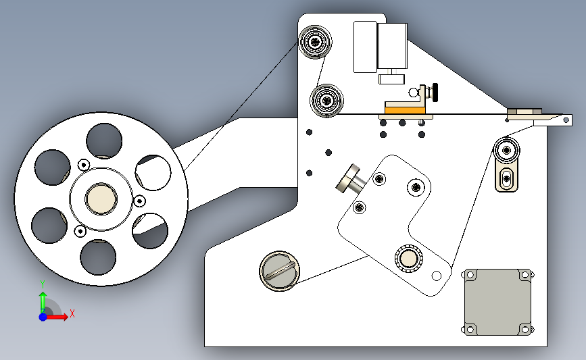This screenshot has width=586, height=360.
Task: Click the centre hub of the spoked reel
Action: pos(101,199)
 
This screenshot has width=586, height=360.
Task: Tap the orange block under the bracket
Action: pos(405,111)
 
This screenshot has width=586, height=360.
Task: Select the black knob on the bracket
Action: pos(435,93)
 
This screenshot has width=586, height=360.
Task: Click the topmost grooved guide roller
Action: pos(315,41)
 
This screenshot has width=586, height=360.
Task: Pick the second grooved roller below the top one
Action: pos(326,101)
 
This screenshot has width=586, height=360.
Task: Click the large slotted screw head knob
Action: pos(279,271)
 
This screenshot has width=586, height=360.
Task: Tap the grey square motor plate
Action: pos(498,302)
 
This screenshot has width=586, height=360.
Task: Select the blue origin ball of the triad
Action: pos(43,317)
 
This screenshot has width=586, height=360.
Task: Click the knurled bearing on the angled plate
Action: pos(409,259)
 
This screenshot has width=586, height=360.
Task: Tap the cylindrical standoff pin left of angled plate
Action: pos(351,180)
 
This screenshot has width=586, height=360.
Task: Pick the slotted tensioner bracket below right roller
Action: pos(506,178)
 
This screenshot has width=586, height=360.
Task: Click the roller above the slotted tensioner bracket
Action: pos(506,150)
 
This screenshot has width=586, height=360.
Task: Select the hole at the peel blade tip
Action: pos(566,120)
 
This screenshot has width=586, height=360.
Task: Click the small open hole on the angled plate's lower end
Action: pos(436,276)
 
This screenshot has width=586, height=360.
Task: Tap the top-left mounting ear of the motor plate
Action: pos(470,275)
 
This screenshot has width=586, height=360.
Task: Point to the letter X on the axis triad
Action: pos(72,313)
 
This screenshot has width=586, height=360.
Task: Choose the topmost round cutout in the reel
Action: pos(104,141)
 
